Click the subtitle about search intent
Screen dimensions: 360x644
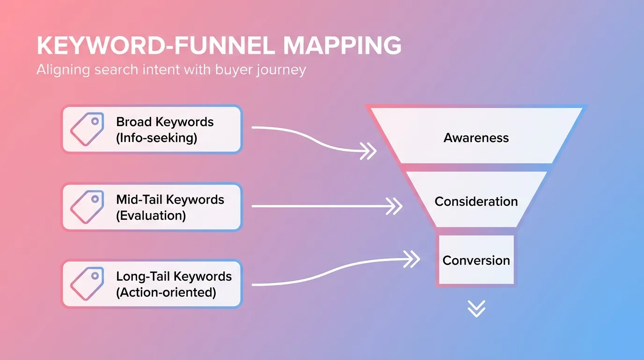click(171, 70)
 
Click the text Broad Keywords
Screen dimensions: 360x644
click(165, 122)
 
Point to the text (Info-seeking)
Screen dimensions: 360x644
click(157, 138)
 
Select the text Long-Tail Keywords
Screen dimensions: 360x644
click(174, 276)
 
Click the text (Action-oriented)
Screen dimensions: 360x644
click(166, 292)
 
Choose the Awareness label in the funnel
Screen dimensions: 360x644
click(476, 138)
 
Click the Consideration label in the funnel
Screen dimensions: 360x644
click(476, 202)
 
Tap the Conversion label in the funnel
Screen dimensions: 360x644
click(476, 261)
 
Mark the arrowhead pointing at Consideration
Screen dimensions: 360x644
click(395, 206)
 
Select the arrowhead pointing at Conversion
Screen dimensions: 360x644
click(412, 259)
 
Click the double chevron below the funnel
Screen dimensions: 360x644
click(476, 308)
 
